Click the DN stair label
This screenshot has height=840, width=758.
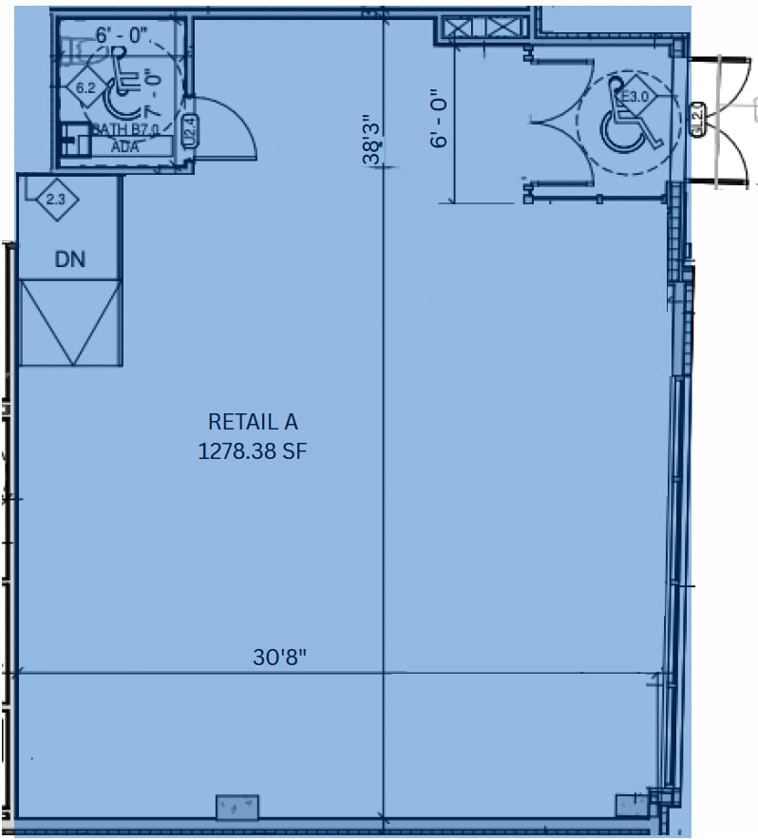[69, 258]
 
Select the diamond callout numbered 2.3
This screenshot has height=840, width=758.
[56, 200]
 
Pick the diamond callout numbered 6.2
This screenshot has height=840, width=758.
[86, 88]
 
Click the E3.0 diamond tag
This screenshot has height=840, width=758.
[634, 97]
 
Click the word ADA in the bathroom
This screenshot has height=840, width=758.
[124, 146]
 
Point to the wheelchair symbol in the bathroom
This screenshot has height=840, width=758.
[122, 86]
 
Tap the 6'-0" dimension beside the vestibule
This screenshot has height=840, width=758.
[437, 119]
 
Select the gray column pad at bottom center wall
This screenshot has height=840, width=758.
[237, 807]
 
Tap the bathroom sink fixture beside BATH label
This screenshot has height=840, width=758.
[72, 141]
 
